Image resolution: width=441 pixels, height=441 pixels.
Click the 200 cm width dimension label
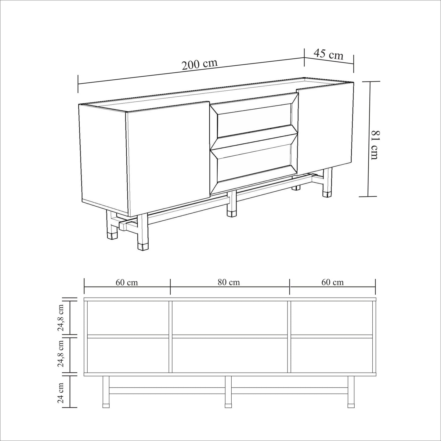(200, 65)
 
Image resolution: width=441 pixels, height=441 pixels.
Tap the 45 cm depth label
(329, 54)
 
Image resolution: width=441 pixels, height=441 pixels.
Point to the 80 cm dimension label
(229, 282)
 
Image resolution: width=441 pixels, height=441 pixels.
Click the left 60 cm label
(127, 283)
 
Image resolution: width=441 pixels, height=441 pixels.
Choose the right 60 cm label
(333, 282)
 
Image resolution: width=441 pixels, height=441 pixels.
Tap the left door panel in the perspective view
(168, 158)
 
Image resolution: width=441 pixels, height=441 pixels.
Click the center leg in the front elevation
(228, 394)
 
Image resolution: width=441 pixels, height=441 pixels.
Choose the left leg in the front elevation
(106, 394)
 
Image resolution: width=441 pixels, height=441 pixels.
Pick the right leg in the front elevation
(351, 394)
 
